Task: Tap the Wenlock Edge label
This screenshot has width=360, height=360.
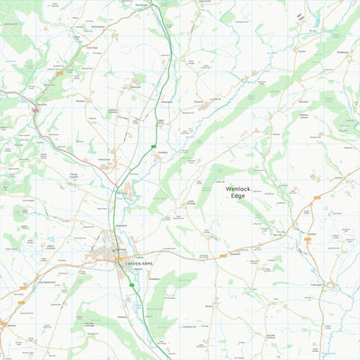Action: (x=238, y=192)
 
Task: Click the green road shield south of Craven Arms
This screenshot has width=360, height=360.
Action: (x=131, y=284)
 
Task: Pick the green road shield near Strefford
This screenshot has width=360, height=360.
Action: (x=155, y=147)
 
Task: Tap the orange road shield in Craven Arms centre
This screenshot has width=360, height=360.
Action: (x=119, y=259)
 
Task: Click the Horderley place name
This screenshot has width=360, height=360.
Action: (x=40, y=103)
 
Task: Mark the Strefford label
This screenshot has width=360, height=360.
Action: (x=163, y=154)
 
